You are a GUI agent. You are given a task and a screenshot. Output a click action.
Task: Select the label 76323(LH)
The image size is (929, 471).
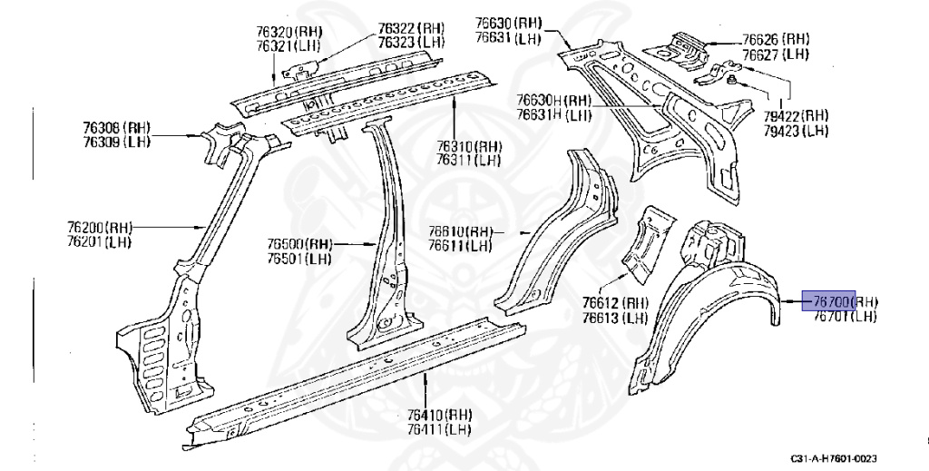(411, 42)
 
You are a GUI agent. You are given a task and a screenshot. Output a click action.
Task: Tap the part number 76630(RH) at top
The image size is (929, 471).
(508, 24)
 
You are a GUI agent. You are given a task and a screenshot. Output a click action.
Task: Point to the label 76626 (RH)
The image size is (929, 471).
(776, 39)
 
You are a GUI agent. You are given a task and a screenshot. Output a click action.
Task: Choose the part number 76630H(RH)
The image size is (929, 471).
(553, 101)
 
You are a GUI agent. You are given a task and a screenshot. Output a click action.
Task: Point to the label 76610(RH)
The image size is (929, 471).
(461, 231)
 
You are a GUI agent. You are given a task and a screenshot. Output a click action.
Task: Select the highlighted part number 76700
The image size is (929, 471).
(829, 301)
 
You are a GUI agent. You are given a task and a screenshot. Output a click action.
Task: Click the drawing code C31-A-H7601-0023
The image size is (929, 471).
(833, 459)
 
